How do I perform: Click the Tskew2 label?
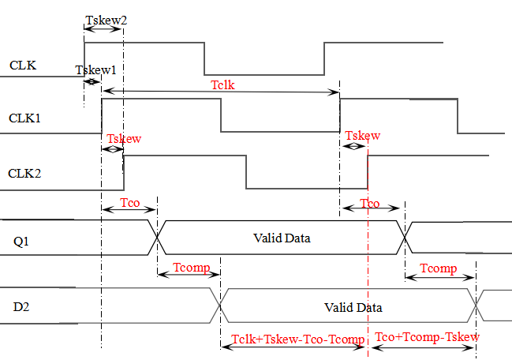click(x=105, y=20)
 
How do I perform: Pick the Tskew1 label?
click(x=95, y=70)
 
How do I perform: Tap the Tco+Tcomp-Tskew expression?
click(x=427, y=336)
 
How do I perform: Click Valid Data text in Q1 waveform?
click(x=279, y=237)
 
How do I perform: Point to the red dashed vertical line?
click(x=368, y=261)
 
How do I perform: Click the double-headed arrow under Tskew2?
click(x=105, y=30)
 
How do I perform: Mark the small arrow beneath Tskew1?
click(x=92, y=82)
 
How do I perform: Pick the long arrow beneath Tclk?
click(x=221, y=93)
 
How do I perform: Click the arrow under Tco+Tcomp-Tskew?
click(x=426, y=348)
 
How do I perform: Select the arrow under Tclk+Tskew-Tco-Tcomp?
click(x=293, y=349)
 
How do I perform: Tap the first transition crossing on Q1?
click(x=155, y=237)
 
